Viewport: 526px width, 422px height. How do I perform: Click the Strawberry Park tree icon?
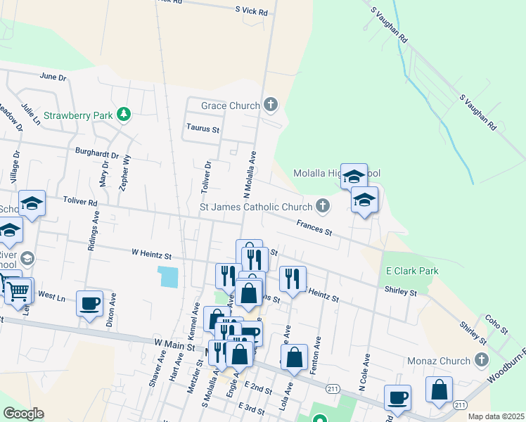(x=124, y=114)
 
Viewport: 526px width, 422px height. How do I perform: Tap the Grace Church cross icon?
(x=271, y=105)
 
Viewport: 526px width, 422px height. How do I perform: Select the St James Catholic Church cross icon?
(x=322, y=206)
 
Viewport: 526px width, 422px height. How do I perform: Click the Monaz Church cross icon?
(x=482, y=361)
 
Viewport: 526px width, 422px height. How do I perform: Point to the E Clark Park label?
(x=412, y=271)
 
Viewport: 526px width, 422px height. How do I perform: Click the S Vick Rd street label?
(x=252, y=12)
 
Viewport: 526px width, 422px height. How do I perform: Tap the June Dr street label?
(x=53, y=76)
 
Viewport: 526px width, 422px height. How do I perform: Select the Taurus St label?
(x=203, y=129)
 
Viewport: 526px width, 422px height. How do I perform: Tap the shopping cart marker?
(x=20, y=289)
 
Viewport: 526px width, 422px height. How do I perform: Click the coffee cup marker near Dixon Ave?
(x=89, y=303)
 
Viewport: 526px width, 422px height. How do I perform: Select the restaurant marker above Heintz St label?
(x=293, y=279)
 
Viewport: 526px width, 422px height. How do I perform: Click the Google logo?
(x=23, y=414)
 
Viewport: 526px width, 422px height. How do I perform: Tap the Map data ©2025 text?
(x=496, y=416)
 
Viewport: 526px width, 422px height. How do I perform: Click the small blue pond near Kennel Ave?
(x=169, y=276)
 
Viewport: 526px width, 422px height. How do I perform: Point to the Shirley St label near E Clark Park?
(x=401, y=290)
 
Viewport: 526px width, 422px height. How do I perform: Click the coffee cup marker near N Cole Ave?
(x=397, y=397)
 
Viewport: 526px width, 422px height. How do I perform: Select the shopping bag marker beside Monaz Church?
(x=440, y=390)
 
